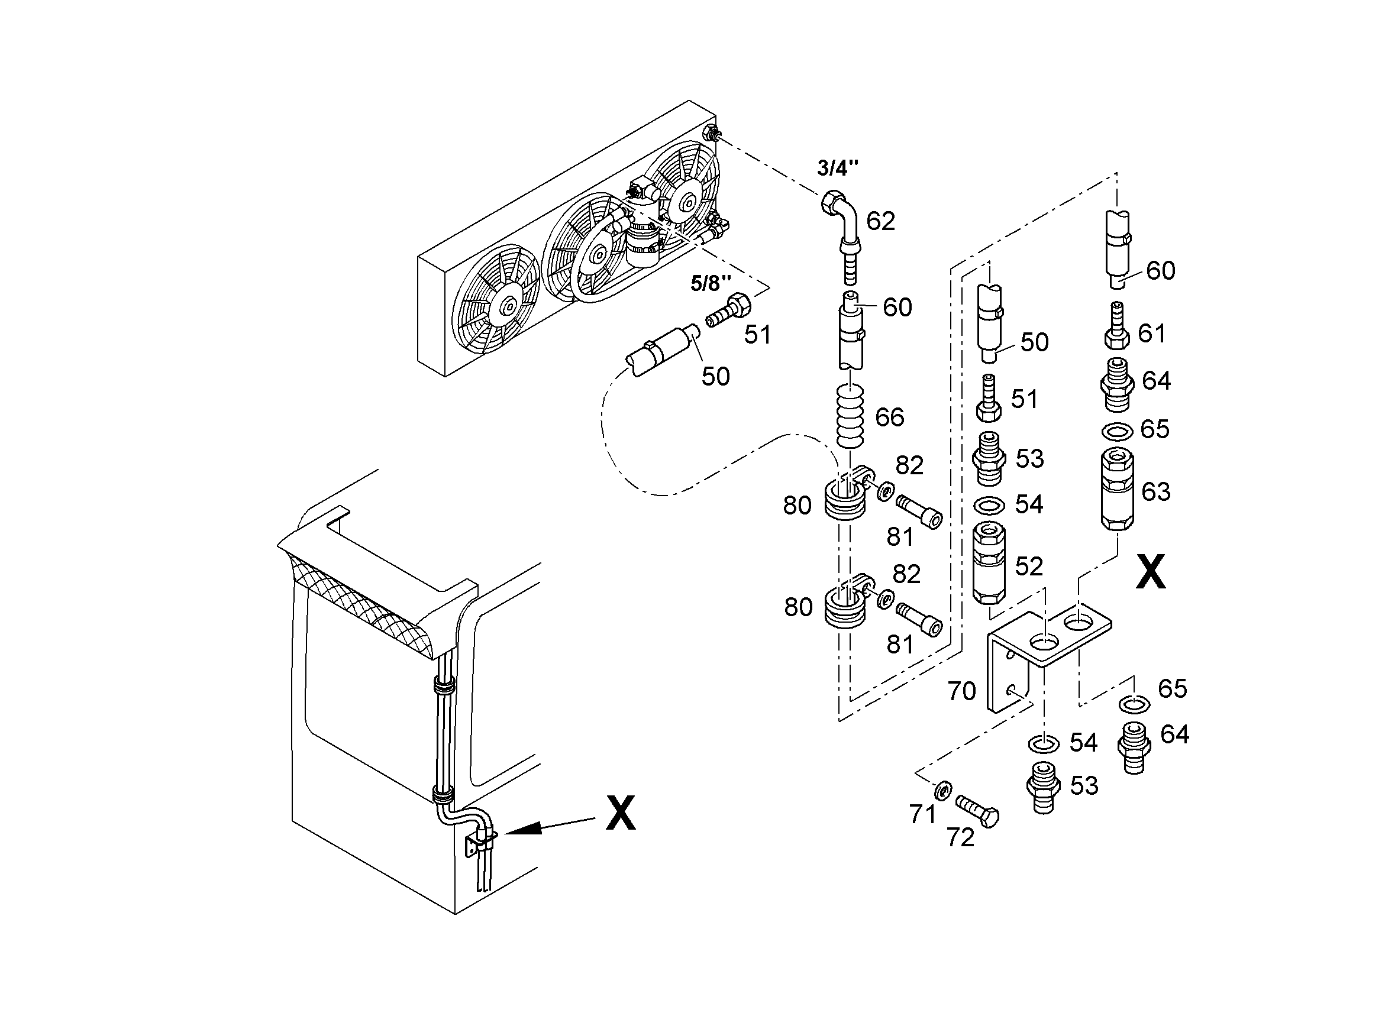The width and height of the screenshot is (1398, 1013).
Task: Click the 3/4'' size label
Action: click(838, 168)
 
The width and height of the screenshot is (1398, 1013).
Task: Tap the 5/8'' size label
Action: click(711, 283)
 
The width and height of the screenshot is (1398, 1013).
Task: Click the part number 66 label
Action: click(889, 417)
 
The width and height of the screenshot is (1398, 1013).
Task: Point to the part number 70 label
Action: click(961, 691)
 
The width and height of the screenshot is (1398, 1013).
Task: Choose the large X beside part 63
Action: click(1150, 572)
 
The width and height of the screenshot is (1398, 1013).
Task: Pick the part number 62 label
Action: click(880, 221)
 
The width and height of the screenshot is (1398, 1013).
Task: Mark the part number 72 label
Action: click(960, 838)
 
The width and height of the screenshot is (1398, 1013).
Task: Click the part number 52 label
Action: click(1029, 567)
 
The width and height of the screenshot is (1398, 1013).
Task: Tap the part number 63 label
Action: click(1156, 491)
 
